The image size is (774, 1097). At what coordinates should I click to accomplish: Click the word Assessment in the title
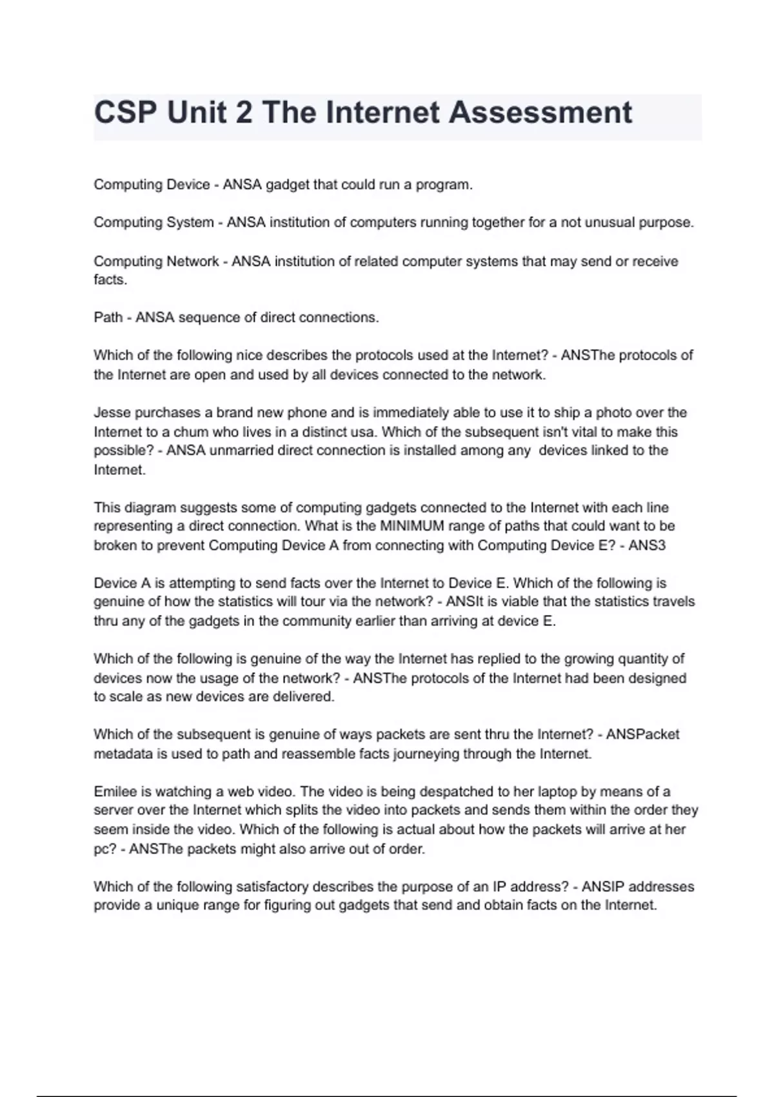tap(540, 113)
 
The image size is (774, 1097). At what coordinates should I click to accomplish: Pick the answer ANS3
tap(647, 545)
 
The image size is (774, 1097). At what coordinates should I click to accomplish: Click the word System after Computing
tap(190, 223)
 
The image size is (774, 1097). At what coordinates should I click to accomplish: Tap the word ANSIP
tap(604, 887)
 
